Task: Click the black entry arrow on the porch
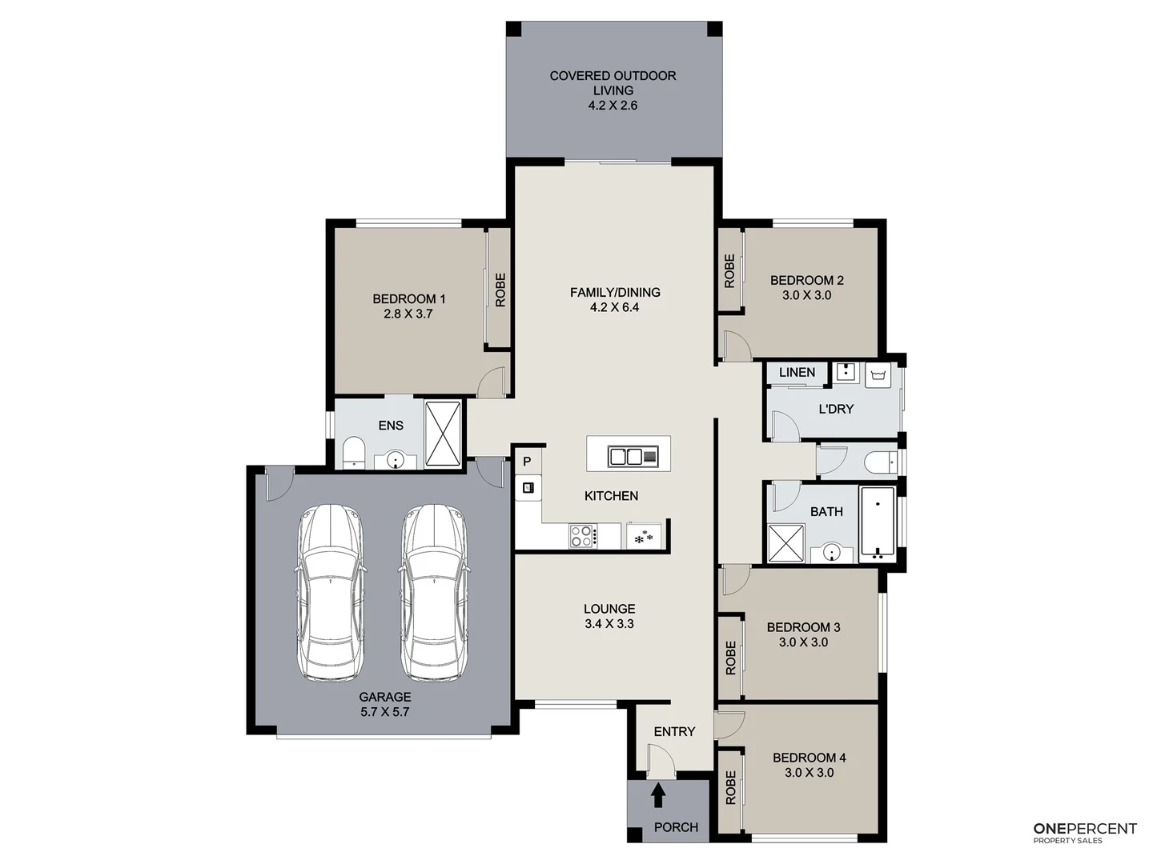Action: tap(658, 794)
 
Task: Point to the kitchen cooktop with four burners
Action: tap(582, 535)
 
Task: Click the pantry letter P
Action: tap(527, 462)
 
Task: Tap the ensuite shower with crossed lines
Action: tap(443, 434)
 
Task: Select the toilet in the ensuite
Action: tap(353, 453)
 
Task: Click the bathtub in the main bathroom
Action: tap(878, 523)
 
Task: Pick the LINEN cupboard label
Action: tap(797, 372)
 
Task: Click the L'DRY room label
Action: tap(836, 409)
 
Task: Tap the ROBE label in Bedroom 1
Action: tap(500, 290)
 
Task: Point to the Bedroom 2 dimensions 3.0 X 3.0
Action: tap(806, 295)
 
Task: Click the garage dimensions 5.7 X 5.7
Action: tap(385, 712)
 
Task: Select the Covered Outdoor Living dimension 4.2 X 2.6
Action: tap(613, 106)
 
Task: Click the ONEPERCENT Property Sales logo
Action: tap(1085, 832)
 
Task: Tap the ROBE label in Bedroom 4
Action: tap(729, 788)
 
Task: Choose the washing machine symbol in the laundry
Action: tap(878, 374)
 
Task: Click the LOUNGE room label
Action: tap(609, 609)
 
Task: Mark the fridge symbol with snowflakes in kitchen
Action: tap(644, 537)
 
